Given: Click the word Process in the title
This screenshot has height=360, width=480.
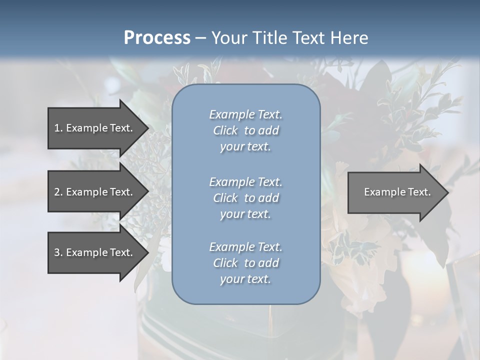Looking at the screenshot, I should (157, 38).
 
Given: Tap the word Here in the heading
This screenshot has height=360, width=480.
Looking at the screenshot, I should (349, 38).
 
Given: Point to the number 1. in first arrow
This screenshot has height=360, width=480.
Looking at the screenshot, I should (58, 128).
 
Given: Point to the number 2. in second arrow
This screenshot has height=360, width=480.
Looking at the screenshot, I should (58, 192).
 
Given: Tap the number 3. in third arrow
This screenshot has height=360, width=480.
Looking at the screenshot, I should (58, 252).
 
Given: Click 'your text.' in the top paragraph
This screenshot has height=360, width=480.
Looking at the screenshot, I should (245, 147).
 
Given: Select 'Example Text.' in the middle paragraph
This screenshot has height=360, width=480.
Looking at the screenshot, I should (245, 181).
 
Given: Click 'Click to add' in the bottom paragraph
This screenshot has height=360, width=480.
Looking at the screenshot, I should (245, 263).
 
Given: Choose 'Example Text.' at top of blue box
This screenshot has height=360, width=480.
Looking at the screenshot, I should (245, 114).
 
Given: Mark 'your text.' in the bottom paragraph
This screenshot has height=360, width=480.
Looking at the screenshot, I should (245, 279).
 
